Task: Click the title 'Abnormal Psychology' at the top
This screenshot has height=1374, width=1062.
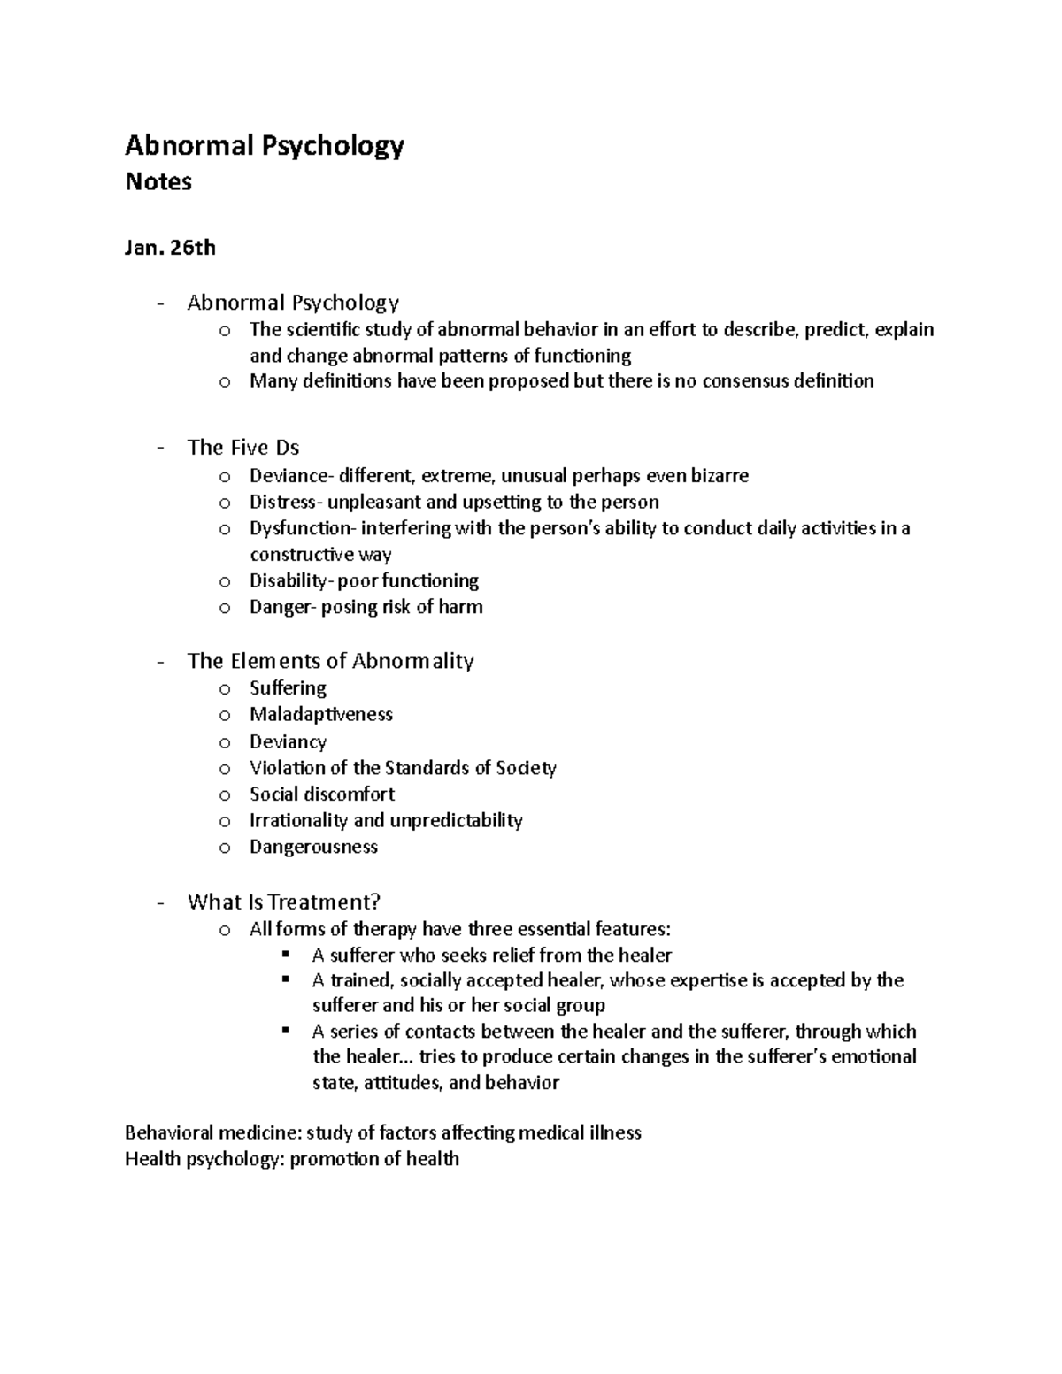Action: (x=264, y=146)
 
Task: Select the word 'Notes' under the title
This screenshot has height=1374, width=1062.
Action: (x=158, y=182)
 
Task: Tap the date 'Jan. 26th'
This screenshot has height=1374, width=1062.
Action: (x=170, y=248)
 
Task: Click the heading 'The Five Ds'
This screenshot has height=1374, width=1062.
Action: (x=243, y=448)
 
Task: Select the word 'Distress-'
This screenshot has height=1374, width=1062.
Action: (x=287, y=503)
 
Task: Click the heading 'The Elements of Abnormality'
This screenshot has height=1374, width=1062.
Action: (x=330, y=662)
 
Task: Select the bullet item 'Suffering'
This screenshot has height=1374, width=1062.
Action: (x=288, y=688)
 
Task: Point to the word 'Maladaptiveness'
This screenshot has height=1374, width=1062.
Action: (x=320, y=715)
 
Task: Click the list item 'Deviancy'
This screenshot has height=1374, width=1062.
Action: (x=288, y=742)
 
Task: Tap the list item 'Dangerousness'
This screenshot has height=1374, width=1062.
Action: (x=313, y=848)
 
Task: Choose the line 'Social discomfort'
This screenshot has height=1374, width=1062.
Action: (x=322, y=794)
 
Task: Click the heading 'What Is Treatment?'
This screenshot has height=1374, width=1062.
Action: (x=283, y=902)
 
